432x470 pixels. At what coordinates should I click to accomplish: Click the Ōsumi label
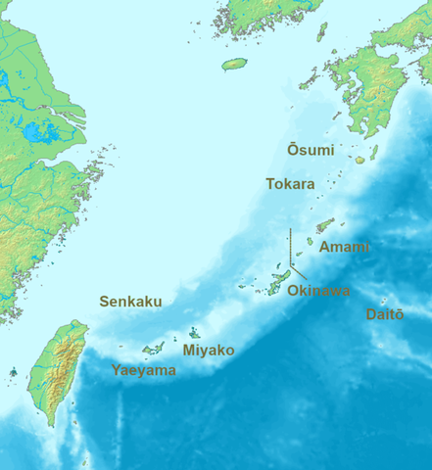point(311,150)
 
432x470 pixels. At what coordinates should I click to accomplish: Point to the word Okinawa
point(319,291)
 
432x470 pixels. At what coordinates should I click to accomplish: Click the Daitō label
point(384,314)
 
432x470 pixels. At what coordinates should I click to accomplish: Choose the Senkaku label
point(130,302)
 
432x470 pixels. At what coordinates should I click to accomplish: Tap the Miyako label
point(209,350)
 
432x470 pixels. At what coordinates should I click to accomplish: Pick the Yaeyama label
point(144,371)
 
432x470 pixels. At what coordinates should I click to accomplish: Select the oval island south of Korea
point(234,65)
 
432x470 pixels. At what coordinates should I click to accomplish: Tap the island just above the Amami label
point(324,225)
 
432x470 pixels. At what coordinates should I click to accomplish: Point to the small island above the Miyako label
point(195,333)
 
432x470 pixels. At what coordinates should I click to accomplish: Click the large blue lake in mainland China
point(39,131)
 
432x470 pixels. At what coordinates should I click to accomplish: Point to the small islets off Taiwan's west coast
point(14,371)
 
